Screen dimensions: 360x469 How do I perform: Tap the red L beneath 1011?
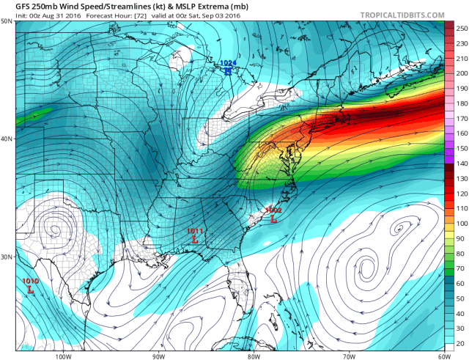click(x=194, y=240)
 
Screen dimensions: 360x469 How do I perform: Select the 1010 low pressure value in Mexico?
click(x=31, y=281)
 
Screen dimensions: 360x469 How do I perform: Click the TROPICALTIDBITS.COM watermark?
click(x=402, y=15)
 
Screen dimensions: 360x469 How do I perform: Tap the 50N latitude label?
click(x=7, y=21)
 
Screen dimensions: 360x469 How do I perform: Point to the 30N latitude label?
click(x=7, y=257)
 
